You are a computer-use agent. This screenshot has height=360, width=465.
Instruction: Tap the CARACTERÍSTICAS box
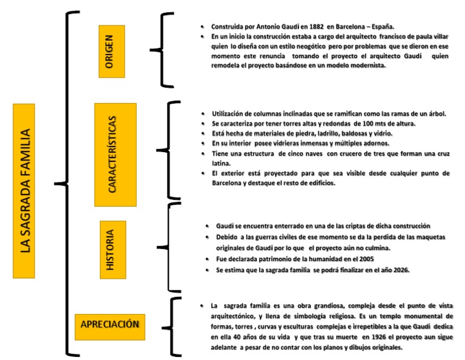(x=115, y=155)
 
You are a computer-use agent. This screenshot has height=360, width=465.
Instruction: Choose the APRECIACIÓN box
(x=110, y=324)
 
